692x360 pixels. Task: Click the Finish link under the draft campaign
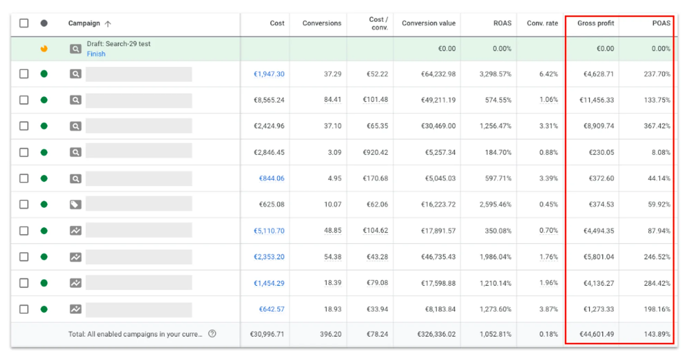click(96, 54)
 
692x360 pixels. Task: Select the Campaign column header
click(84, 23)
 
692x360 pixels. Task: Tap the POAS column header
click(661, 23)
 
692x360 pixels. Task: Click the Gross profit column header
click(595, 23)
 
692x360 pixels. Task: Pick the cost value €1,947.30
click(269, 74)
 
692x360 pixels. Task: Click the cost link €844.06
click(272, 178)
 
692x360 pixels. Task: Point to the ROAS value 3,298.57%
click(495, 74)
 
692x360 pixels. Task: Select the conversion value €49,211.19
click(438, 100)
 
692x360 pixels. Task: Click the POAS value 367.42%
click(657, 126)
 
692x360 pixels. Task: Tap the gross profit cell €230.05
click(601, 152)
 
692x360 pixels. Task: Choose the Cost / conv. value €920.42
click(375, 152)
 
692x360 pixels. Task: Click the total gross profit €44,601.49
click(597, 334)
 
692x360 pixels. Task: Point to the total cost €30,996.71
click(267, 334)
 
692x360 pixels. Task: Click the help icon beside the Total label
click(212, 334)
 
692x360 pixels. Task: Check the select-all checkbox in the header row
click(24, 23)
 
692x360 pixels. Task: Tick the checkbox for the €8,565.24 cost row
click(24, 100)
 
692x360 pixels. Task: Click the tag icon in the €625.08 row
click(75, 205)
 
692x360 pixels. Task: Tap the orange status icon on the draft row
click(44, 48)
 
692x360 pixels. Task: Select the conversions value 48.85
click(333, 231)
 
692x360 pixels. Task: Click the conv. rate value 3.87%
click(548, 309)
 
